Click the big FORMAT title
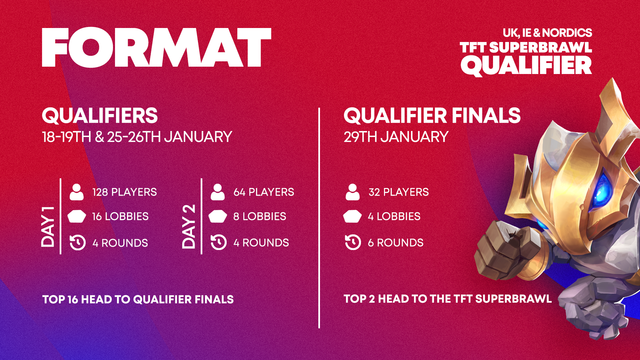coord(157,47)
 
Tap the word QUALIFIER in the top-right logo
coord(526,66)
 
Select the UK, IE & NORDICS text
coord(547,33)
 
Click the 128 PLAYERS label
coord(125,192)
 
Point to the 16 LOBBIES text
coord(120,216)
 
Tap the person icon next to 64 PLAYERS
coord(218,192)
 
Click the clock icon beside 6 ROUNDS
coord(353,242)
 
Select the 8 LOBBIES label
coord(260,216)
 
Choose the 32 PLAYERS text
coord(399,192)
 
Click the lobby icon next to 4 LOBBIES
coord(352,216)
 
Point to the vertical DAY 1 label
coord(48,227)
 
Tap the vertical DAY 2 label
coord(189,227)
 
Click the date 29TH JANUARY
coord(396,137)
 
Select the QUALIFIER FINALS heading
coord(432,116)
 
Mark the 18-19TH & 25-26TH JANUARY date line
coord(137,137)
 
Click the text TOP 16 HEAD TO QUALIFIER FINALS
coord(138,299)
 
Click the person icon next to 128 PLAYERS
coord(77,192)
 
